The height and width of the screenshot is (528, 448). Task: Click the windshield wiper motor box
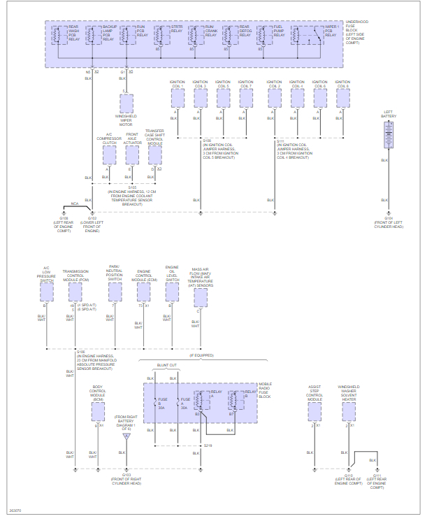(127, 104)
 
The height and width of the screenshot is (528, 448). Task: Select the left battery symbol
(389, 134)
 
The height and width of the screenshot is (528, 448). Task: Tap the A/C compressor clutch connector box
(109, 155)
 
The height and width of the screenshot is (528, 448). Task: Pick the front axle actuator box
(132, 155)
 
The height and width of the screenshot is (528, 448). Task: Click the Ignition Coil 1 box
(177, 98)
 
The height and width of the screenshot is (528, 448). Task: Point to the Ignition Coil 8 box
(342, 98)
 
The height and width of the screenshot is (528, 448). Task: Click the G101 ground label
(388, 218)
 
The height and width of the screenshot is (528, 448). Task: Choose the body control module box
(98, 411)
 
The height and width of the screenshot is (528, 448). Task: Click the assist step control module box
(315, 411)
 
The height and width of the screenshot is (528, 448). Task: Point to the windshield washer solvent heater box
(349, 411)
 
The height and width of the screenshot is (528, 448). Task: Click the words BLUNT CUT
(167, 365)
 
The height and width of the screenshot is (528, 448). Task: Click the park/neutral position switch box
(115, 292)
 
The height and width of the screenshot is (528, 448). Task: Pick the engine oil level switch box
(172, 292)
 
